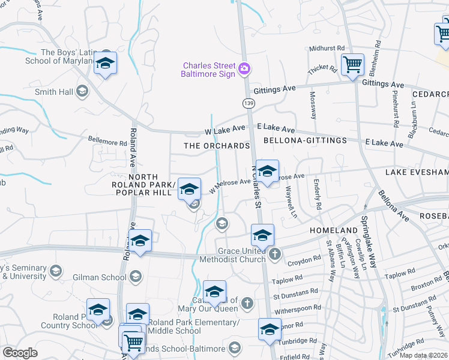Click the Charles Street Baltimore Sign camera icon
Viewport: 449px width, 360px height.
click(x=244, y=69)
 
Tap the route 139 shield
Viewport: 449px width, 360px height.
click(x=247, y=104)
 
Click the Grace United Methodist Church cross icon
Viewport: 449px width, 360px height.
click(x=275, y=254)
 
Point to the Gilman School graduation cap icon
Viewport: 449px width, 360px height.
click(x=135, y=277)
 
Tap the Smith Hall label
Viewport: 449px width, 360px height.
click(x=54, y=92)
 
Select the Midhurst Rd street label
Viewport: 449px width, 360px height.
click(x=327, y=49)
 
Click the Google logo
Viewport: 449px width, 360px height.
click(x=20, y=353)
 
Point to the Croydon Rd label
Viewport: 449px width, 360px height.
click(x=304, y=261)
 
